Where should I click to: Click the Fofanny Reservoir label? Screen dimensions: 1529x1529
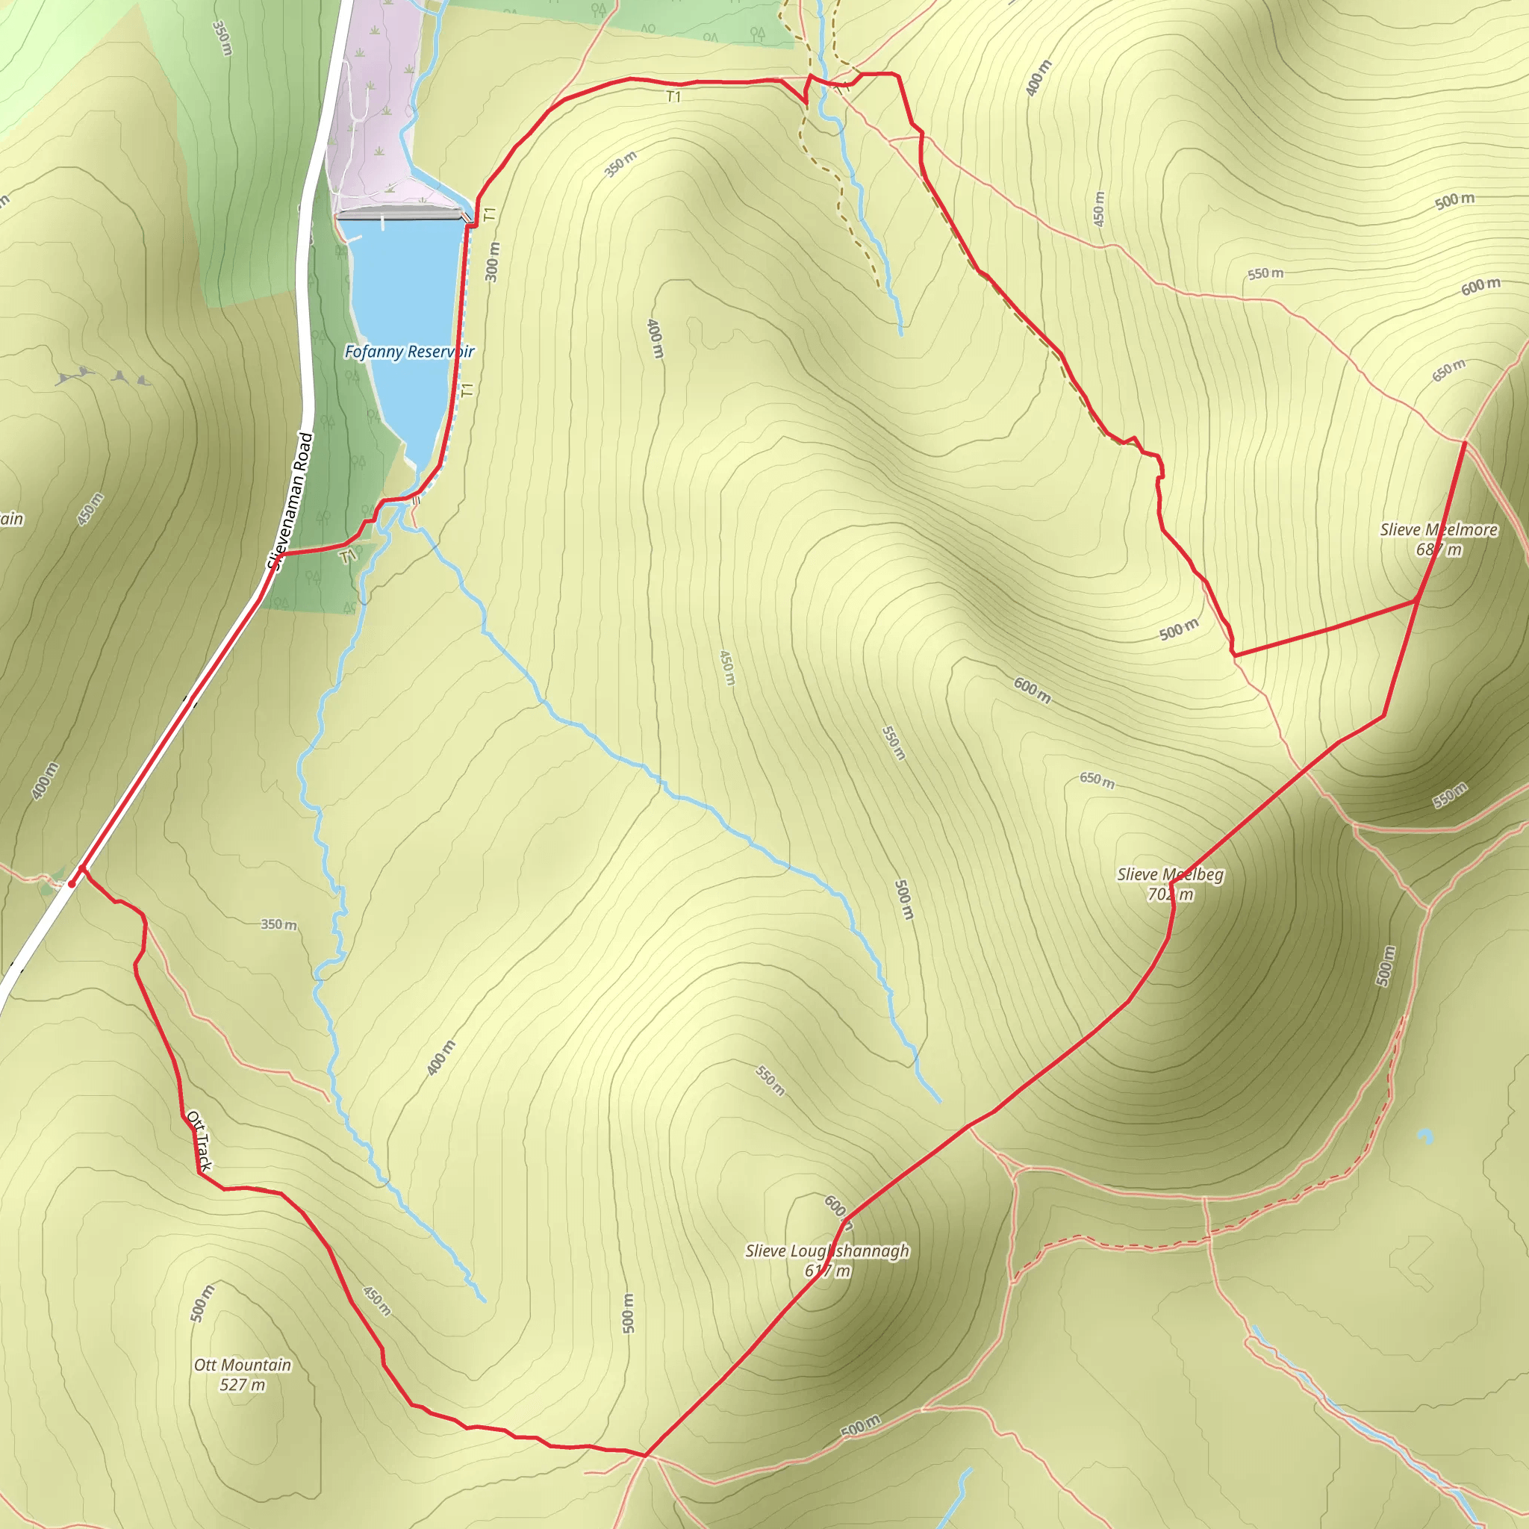[409, 352]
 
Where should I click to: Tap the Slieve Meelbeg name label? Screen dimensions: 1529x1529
[1170, 874]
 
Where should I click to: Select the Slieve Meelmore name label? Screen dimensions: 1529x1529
[1438, 529]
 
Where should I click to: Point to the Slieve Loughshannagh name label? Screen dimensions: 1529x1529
[827, 1251]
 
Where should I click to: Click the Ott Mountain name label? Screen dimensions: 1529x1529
[243, 1365]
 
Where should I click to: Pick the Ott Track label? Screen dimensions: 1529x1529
[199, 1142]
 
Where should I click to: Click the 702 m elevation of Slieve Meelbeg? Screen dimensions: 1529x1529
[1170, 894]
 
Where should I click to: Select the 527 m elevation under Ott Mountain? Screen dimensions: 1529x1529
[242, 1384]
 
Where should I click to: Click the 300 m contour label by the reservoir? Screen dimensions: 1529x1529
[492, 262]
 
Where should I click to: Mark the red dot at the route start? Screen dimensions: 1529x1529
[72, 883]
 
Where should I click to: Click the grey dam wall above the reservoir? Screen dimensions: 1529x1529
[399, 214]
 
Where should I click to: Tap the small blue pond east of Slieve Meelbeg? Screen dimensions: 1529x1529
[1425, 1136]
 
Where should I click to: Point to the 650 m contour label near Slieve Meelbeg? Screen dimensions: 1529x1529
[1097, 779]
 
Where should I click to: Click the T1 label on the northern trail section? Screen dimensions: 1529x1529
[673, 97]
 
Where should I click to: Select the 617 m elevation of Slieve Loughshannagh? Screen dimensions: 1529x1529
[827, 1270]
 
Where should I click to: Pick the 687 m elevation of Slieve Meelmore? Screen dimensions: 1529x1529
[1438, 549]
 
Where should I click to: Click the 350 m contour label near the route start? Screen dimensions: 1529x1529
[278, 924]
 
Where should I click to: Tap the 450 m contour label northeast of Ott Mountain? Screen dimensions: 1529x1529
[377, 1301]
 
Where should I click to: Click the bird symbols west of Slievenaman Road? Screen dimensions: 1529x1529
[103, 377]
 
